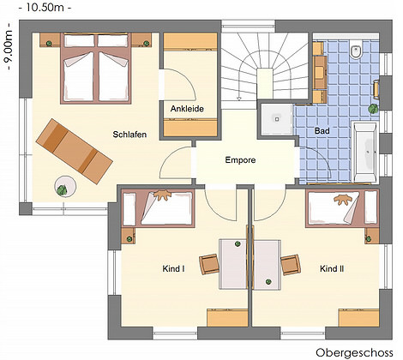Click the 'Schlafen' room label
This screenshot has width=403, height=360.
129,135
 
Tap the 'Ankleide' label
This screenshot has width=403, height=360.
187,109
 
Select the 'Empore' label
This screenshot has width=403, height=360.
240,160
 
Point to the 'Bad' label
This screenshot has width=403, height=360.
322,131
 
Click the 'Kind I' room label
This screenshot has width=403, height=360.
173,269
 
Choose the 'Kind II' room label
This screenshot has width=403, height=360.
332,269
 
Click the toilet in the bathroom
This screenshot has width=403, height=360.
356,50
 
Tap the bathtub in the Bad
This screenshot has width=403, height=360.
365,152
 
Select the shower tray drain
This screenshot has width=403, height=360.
277,119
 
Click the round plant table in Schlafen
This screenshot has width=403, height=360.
65,186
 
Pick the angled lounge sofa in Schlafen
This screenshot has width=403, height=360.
75,151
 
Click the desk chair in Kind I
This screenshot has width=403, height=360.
208,264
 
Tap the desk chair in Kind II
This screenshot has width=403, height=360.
291,265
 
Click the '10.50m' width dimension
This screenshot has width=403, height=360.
45,8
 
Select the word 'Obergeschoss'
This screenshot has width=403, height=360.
354,352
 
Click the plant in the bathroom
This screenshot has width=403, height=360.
373,108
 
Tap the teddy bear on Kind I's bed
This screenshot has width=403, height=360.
162,195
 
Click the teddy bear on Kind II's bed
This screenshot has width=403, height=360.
343,199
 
